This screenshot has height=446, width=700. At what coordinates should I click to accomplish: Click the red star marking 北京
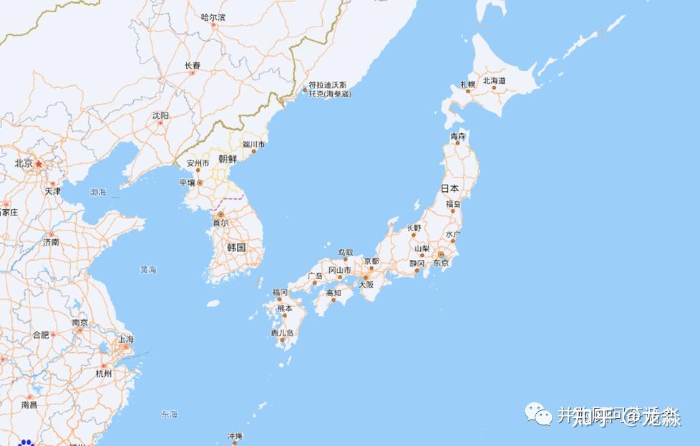pos(39,163)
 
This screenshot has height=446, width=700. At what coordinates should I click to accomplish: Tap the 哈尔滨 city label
pos(213,17)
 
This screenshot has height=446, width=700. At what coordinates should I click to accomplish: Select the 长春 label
pos(193,65)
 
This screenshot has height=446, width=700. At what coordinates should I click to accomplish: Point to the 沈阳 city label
pos(160,115)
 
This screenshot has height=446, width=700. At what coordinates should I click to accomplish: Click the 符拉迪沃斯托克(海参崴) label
pos(329,89)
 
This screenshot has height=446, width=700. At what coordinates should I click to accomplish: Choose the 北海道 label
pos(494,81)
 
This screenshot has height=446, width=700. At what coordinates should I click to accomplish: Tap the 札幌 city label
pos(467,84)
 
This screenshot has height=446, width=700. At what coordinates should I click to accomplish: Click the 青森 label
pos(458,136)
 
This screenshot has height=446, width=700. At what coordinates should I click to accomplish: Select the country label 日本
pos(449,189)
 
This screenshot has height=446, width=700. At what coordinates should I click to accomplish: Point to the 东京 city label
pos(441,263)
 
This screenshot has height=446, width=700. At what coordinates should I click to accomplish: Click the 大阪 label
pos(366,284)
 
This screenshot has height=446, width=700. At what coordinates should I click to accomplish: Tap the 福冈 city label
pos(280,293)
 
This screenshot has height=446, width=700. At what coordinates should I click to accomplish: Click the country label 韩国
pos(236,247)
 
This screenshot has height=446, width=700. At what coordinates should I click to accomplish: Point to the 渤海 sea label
pos(98,192)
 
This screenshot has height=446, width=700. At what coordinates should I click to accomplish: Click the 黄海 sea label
pos(148,270)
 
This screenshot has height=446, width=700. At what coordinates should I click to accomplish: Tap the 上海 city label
pos(126,339)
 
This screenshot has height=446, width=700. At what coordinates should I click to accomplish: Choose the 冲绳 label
pos(235,436)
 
